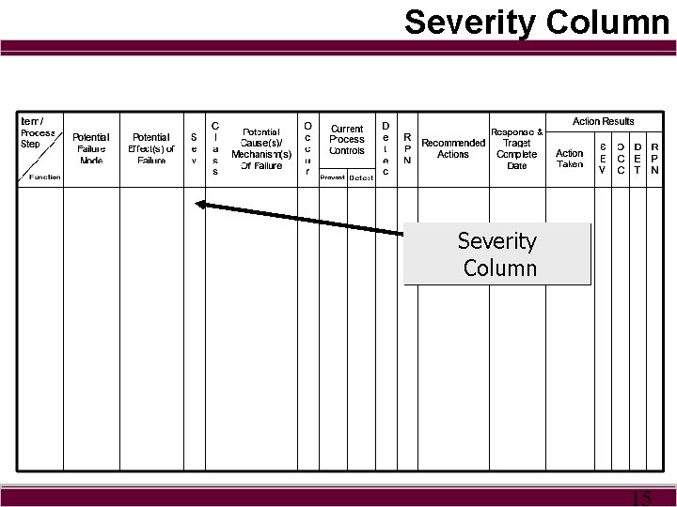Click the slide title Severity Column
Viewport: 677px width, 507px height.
coord(536,23)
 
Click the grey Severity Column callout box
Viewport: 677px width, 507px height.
coord(497,253)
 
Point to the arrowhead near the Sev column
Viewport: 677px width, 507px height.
coord(199,203)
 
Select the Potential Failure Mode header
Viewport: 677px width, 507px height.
coord(91,148)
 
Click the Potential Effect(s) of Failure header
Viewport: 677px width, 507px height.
coord(151,148)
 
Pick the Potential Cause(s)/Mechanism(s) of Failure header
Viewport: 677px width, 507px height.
coord(261,149)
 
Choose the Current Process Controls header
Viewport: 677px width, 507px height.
coord(347,139)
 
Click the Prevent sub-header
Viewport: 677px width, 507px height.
coord(332,177)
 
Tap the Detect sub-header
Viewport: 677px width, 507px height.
coord(361,177)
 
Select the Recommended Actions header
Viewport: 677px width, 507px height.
coord(453,148)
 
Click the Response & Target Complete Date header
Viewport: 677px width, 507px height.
coord(517,148)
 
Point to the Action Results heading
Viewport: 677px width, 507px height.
coord(604,121)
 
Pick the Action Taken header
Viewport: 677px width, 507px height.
coord(570,159)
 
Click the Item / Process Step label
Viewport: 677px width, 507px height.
coord(39,133)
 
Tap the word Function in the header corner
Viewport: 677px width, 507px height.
coord(45,177)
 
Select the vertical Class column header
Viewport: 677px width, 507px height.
coord(215,148)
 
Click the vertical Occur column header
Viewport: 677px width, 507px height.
coord(307,148)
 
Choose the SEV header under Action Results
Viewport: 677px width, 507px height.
coord(602,159)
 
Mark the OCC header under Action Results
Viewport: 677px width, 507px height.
coord(620,159)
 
